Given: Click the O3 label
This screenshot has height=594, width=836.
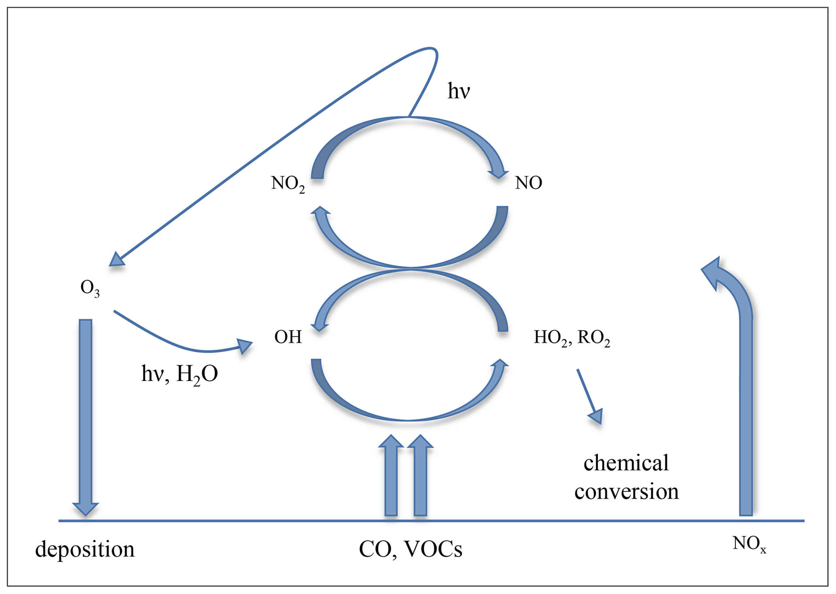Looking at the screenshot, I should click(90, 289).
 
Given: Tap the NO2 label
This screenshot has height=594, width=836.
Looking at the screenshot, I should click(288, 184).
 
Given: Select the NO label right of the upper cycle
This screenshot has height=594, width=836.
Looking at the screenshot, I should click(528, 183).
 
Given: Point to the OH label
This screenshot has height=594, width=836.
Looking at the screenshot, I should click(288, 337).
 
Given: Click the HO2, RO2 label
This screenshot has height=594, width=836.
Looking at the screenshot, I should click(571, 338).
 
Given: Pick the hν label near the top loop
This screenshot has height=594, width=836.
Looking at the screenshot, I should click(459, 91).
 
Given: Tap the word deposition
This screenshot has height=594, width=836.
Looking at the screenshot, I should click(85, 549).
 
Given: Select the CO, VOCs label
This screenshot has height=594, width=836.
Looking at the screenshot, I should click(411, 549).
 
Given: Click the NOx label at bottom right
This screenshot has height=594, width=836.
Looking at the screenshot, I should click(749, 544).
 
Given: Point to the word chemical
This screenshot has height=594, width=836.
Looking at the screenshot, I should click(626, 463).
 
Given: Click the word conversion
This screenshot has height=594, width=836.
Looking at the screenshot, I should click(626, 492).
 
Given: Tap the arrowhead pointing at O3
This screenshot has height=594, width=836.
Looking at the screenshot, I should click(116, 260).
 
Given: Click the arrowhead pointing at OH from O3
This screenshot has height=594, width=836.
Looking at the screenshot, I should click(244, 346).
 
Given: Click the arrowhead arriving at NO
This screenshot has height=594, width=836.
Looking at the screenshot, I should click(498, 173).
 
